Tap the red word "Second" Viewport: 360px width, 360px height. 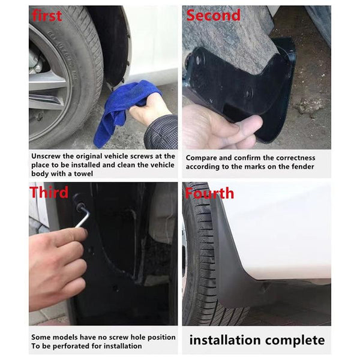pos(213,15)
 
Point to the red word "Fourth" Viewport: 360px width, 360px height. pos(209,193)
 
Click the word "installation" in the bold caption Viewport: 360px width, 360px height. pos(226,341)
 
